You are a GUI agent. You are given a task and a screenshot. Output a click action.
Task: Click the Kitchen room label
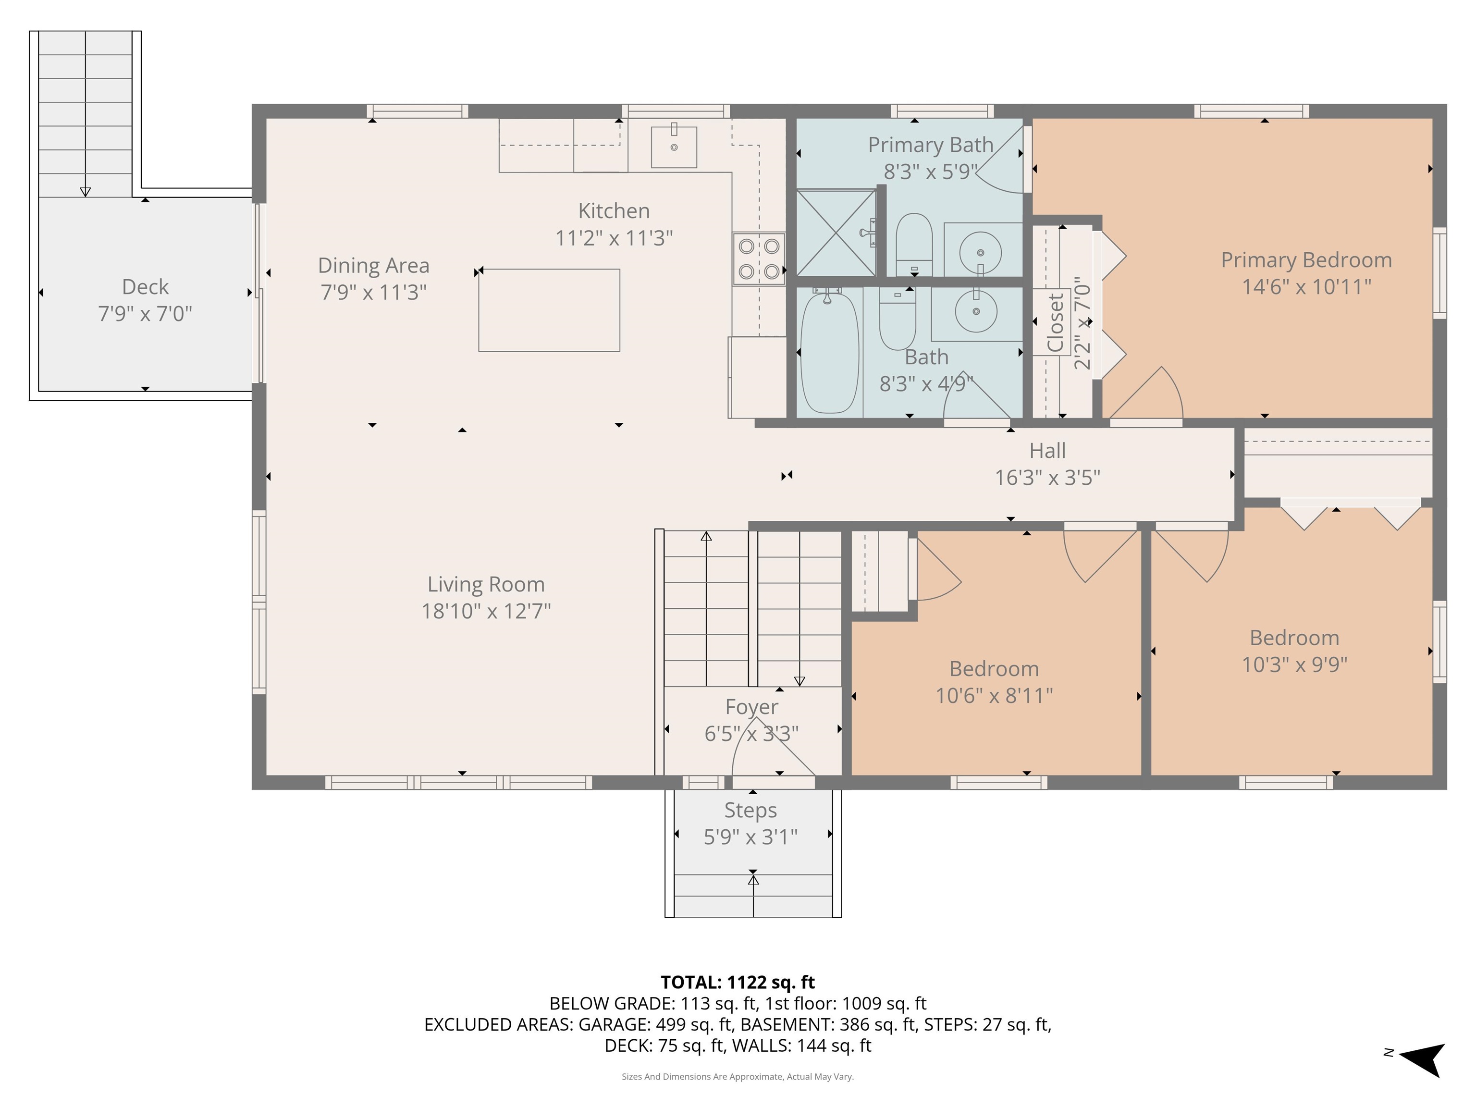click(x=614, y=211)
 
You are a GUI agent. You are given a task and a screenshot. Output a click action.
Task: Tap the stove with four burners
click(x=759, y=259)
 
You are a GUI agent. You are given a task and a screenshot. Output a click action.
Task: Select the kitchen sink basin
click(x=674, y=147)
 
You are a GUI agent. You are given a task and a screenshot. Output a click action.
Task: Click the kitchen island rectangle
click(x=549, y=310)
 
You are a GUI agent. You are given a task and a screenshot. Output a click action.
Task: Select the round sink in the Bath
click(x=976, y=311)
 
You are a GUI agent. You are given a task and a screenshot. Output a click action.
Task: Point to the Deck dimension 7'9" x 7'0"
click(x=146, y=314)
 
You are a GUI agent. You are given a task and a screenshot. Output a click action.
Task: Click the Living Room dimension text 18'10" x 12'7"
click(x=486, y=611)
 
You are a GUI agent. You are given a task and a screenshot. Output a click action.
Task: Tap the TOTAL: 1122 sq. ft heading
click(x=738, y=982)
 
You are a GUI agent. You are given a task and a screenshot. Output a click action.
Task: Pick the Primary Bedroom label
click(x=1306, y=260)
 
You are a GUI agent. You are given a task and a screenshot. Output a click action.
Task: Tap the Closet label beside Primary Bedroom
click(x=1056, y=323)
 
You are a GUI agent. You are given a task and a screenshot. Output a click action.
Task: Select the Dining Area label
click(x=374, y=266)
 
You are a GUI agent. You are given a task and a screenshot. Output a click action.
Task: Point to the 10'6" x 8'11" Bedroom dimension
click(x=994, y=696)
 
